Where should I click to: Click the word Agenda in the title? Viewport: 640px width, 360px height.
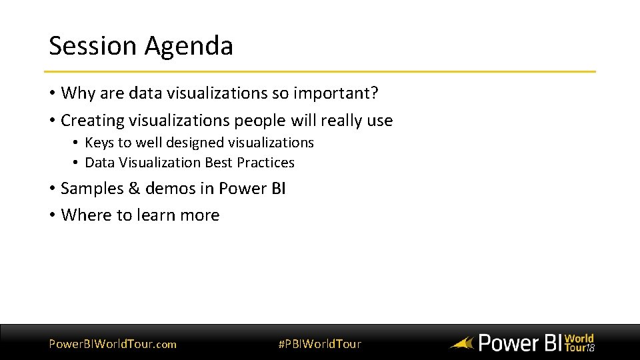coord(189,47)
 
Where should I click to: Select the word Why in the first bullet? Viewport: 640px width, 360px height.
coord(78,93)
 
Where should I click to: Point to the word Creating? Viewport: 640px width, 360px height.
coord(93,121)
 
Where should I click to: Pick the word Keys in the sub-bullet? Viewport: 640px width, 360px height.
coord(99,143)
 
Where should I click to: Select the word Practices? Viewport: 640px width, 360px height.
coord(265,163)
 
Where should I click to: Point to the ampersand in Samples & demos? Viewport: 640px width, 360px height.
coord(134,189)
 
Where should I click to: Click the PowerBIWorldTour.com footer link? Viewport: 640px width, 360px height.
coord(113,344)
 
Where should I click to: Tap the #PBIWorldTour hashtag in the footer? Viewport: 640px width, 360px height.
coord(319,344)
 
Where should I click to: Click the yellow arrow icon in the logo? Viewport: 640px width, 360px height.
coord(461,344)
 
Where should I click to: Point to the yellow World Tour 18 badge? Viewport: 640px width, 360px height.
coord(579,343)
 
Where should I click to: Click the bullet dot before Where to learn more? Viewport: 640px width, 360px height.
coord(52,215)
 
